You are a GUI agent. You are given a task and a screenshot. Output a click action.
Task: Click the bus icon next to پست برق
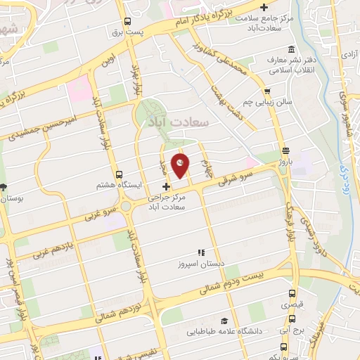click(x=127, y=22)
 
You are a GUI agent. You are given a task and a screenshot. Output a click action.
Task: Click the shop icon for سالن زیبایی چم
click(x=267, y=91)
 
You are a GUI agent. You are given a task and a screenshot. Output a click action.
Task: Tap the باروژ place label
click(x=285, y=161)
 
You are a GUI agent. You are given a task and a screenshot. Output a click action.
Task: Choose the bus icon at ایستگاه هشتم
click(x=118, y=174)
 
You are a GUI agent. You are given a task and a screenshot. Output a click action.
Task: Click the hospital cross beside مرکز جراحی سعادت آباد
click(x=166, y=187)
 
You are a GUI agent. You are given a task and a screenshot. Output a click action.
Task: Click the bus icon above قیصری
click(x=288, y=293)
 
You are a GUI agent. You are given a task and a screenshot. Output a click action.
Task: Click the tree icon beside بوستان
click(x=4, y=186)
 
